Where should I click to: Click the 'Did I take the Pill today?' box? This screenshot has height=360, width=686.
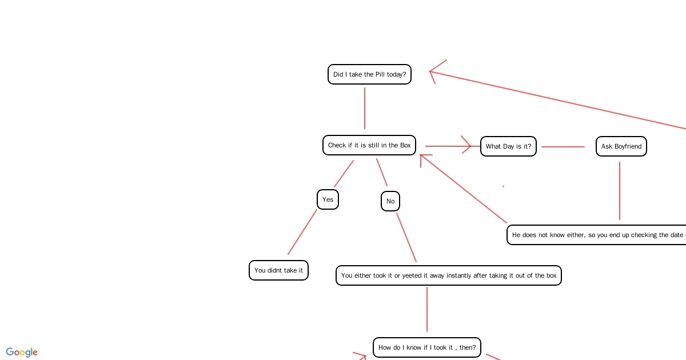point(369,74)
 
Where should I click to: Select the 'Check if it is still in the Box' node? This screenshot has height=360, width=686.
point(369,145)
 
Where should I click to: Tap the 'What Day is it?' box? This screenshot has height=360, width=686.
point(508,146)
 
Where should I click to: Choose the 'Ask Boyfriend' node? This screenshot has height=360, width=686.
point(621,146)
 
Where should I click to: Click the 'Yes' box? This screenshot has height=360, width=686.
point(328,199)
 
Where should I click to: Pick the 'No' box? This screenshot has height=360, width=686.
point(390,201)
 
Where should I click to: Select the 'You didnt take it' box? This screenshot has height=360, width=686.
point(278,270)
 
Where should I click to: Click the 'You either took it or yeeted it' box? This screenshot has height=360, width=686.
point(448,275)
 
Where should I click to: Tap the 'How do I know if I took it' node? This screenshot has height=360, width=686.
point(426,347)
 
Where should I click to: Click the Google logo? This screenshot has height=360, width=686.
point(22,352)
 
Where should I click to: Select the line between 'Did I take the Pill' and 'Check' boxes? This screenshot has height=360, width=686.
point(365,109)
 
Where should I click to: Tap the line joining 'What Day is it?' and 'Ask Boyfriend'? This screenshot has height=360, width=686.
point(563,147)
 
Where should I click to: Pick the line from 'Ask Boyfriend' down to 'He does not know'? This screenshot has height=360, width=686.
point(620,191)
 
